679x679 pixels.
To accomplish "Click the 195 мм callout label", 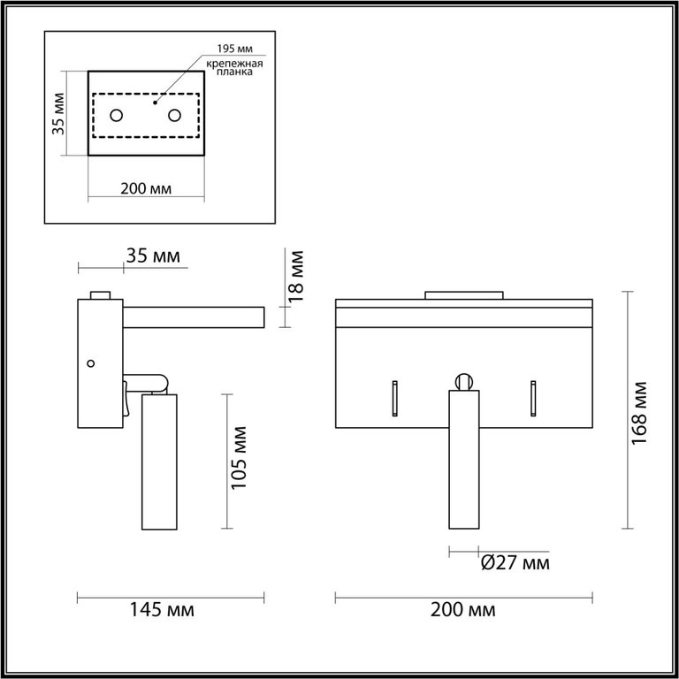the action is pos(234,49).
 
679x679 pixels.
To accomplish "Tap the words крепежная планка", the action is pos(234,68).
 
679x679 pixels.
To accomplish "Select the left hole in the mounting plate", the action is pos(117,116).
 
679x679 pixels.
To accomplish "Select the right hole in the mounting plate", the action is pos(174,116).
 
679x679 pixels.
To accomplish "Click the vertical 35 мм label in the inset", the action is pos(58,114).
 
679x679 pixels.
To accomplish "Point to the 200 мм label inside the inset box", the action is pos(146,189).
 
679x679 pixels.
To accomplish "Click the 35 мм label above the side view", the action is pos(153,256).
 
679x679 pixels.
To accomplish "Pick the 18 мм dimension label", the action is pos(296,276).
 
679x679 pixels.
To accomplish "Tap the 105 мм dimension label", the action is pos(239,458).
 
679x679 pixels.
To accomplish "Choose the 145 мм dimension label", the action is pos(163,610).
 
